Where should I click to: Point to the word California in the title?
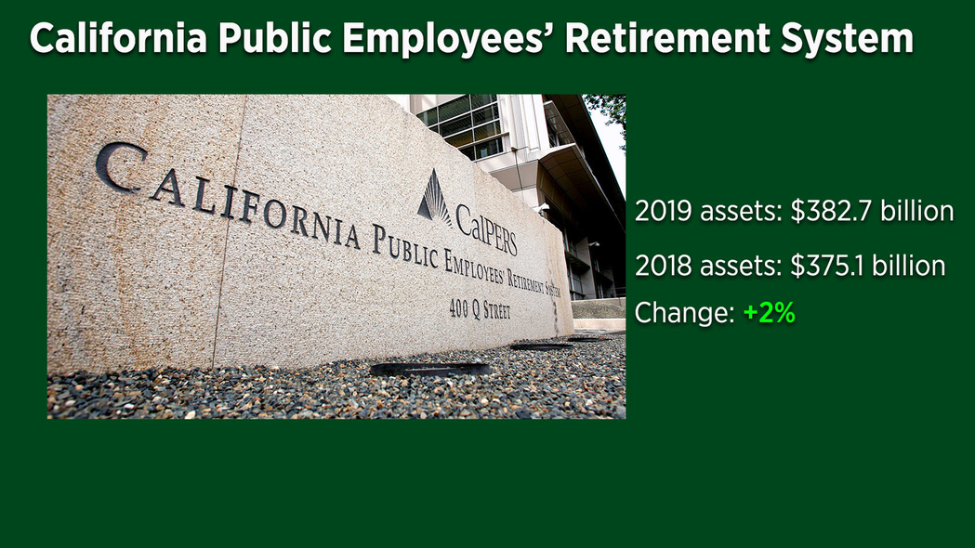pyautogui.click(x=118, y=38)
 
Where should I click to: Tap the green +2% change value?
pyautogui.click(x=770, y=312)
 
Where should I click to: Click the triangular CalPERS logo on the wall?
pyautogui.click(x=434, y=198)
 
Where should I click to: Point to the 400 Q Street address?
pyautogui.click(x=480, y=308)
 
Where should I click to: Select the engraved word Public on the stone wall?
pyautogui.click(x=405, y=246)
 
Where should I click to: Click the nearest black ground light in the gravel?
pyautogui.click(x=430, y=369)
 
